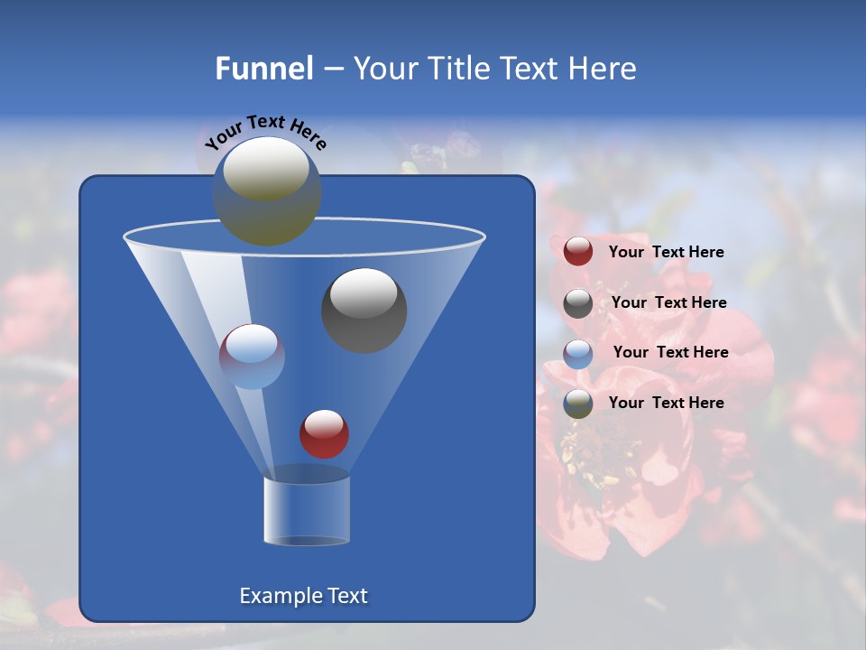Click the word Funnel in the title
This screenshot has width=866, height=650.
[263, 69]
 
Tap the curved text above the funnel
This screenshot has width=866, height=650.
[265, 131]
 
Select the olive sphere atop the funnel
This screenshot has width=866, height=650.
[266, 190]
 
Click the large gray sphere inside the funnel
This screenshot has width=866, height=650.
[364, 311]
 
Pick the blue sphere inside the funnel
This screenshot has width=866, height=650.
[252, 357]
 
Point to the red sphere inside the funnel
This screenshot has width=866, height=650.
[324, 433]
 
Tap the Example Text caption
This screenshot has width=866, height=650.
[303, 596]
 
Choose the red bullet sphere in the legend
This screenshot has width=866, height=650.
[578, 252]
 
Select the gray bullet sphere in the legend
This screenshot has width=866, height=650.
[578, 303]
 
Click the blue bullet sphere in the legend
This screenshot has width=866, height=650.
[578, 353]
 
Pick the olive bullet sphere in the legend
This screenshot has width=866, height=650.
[578, 404]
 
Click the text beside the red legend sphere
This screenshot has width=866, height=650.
[666, 253]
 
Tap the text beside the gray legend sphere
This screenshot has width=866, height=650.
[668, 303]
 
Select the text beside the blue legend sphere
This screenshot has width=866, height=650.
[670, 353]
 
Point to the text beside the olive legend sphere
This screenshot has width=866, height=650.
[666, 404]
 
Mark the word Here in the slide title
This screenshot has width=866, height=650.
[603, 69]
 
